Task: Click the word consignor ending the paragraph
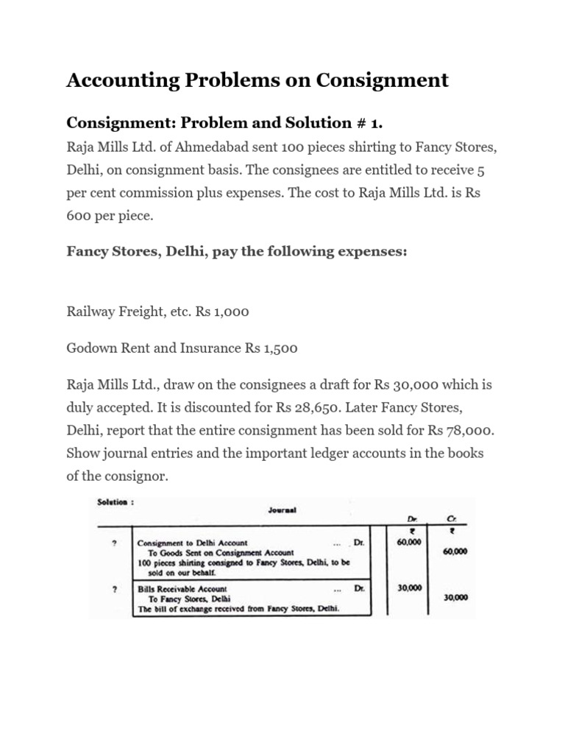coord(138,476)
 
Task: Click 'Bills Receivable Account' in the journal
coord(182,589)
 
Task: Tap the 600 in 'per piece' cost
coord(77,216)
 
